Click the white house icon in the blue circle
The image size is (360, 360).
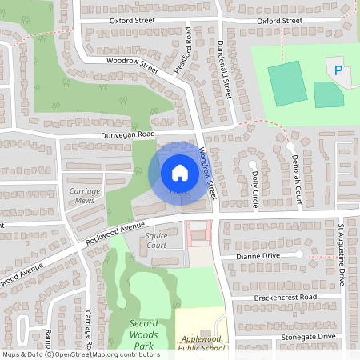click(x=179, y=172)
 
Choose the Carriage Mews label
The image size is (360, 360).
click(x=85, y=196)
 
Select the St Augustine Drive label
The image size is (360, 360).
click(x=341, y=254)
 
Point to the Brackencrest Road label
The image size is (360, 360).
click(x=276, y=298)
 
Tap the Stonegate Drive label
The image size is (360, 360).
click(x=308, y=338)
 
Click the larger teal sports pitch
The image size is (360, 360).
click(x=286, y=83)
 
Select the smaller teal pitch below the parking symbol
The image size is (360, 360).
click(x=327, y=95)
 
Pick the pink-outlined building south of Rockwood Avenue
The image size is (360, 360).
click(x=196, y=234)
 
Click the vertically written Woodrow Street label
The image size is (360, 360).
click(x=208, y=174)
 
